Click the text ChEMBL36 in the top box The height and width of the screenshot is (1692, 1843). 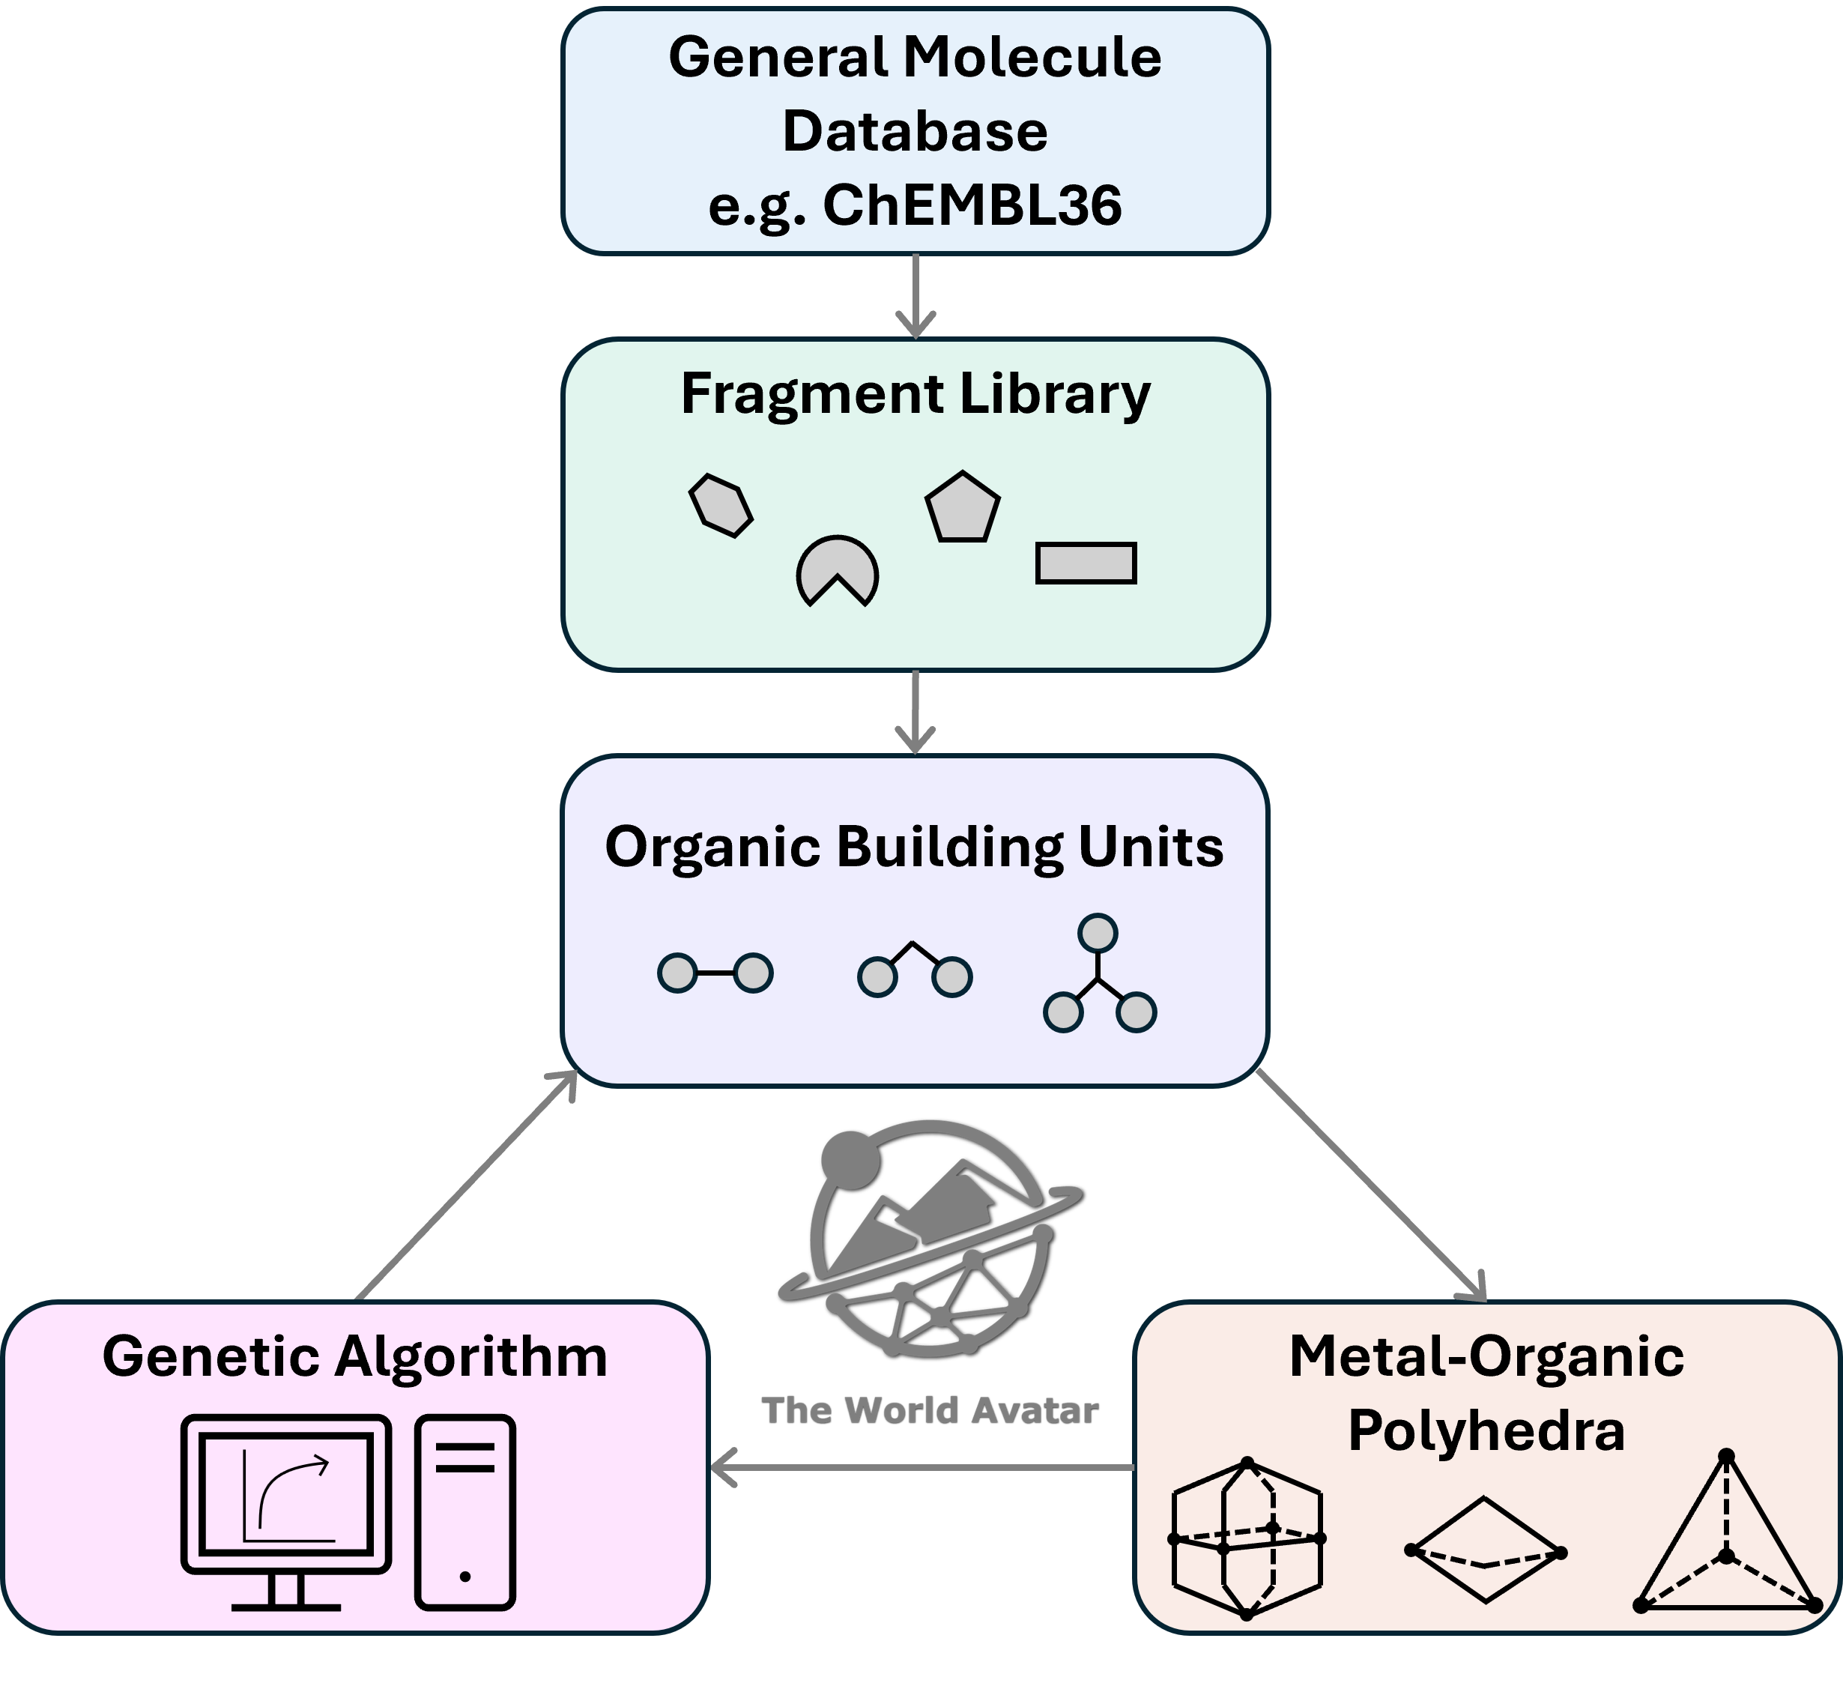coord(972,205)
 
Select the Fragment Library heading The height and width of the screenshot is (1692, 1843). coord(915,395)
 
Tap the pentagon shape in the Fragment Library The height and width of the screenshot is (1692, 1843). coord(962,508)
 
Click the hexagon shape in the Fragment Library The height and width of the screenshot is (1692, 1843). coord(721,505)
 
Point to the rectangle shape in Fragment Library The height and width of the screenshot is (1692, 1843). coord(1086,563)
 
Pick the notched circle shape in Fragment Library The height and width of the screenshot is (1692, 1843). coord(837,569)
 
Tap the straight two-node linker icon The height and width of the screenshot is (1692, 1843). coord(715,973)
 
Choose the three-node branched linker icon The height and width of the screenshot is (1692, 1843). coord(1098,976)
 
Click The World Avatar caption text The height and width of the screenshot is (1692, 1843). coord(929,1410)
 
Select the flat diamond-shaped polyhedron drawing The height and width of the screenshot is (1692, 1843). coord(1484,1549)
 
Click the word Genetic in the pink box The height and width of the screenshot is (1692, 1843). coord(213,1357)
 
